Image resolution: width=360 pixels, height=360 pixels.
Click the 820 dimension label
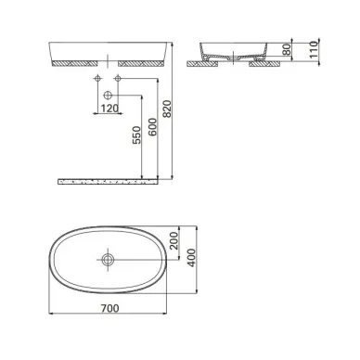(x=167, y=109)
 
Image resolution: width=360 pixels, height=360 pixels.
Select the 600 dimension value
(x=152, y=127)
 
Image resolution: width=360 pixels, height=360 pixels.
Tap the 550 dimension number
(x=136, y=135)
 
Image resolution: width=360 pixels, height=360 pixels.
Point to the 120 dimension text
(x=109, y=109)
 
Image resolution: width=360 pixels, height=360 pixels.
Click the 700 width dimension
(x=109, y=308)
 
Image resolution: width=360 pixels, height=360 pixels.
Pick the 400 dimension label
(x=192, y=258)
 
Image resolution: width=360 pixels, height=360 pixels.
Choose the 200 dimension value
(x=174, y=241)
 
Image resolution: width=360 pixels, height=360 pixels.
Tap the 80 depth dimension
(x=288, y=49)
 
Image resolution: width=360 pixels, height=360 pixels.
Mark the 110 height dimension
(x=314, y=49)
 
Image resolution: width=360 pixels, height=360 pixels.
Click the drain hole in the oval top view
(x=108, y=260)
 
